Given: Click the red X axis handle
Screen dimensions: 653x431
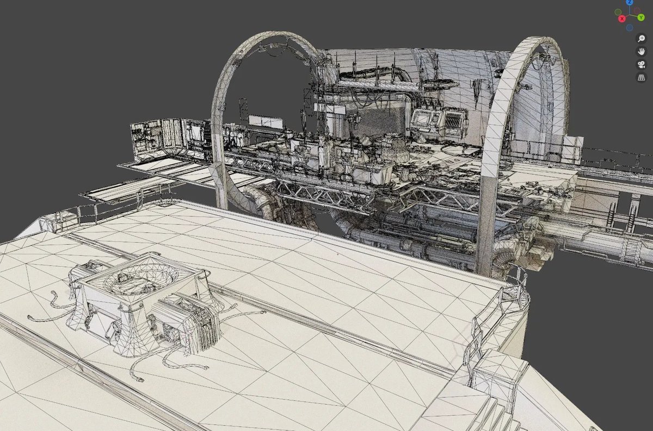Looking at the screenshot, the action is [x=622, y=18].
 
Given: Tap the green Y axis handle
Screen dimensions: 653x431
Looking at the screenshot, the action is [x=641, y=17].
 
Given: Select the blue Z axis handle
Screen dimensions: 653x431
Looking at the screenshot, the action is [x=630, y=2].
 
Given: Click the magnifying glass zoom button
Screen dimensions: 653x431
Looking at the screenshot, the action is [x=642, y=39].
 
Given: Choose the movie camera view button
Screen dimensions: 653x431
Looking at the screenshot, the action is [x=642, y=64].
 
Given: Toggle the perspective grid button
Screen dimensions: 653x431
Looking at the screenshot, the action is [x=642, y=78].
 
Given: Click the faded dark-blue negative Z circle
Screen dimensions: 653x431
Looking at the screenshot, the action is [x=630, y=28].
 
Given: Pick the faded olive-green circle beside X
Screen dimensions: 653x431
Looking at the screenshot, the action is [x=618, y=13].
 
